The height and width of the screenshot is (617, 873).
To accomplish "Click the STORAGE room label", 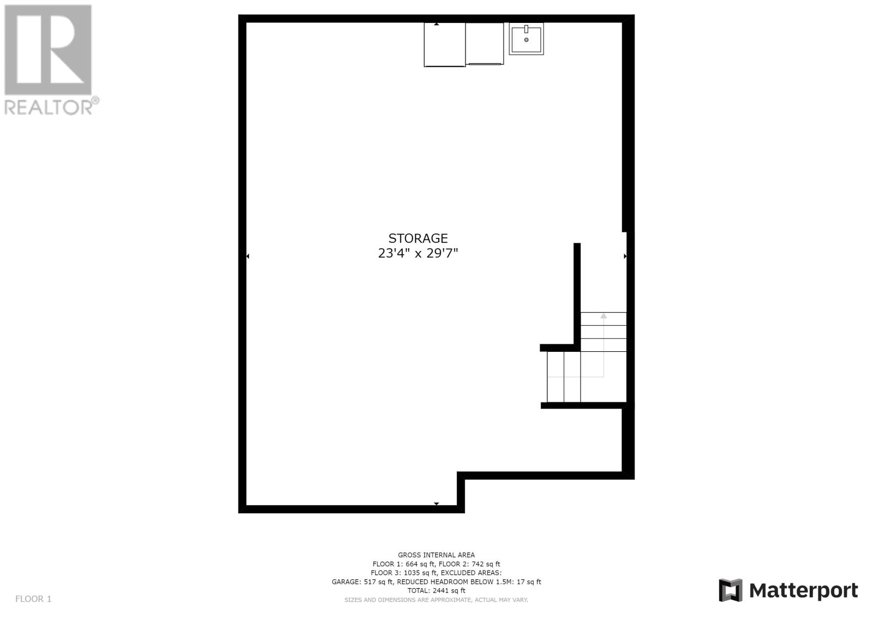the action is (418, 238).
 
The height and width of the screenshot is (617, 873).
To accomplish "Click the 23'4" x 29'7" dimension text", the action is (418, 253).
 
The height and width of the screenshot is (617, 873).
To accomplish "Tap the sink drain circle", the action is (526, 40).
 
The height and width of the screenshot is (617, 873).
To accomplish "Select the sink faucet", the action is (526, 29).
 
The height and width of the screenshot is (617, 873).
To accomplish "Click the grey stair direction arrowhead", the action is (603, 316).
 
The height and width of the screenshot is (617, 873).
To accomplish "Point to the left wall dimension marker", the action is (248, 256).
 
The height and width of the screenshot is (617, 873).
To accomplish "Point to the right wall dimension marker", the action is (625, 256).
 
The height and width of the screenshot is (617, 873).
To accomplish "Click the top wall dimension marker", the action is (436, 24).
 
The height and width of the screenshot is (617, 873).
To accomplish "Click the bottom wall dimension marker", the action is (436, 504).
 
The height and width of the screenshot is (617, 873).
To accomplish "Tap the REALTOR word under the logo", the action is (49, 106).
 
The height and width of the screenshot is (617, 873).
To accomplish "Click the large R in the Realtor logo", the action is (48, 50).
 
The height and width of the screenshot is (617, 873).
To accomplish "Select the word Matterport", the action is (803, 591).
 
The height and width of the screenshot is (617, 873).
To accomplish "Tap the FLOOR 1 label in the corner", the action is (33, 598).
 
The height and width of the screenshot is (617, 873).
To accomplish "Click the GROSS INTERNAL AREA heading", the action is (436, 555).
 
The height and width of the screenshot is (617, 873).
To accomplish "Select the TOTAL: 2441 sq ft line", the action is (436, 590).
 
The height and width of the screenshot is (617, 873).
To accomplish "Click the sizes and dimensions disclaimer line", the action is (436, 600).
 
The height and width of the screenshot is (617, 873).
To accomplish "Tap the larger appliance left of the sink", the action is (445, 44).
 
